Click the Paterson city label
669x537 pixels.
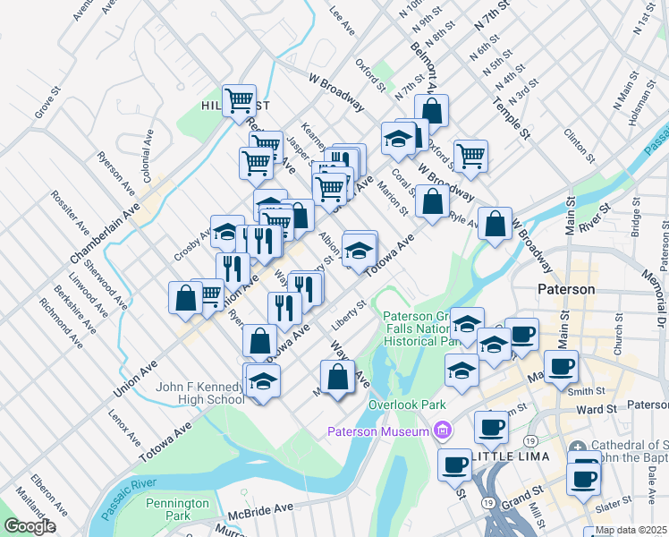pyautogui.click(x=566, y=290)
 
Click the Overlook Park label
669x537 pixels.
pyautogui.click(x=407, y=405)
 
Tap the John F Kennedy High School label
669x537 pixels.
pyautogui.click(x=199, y=393)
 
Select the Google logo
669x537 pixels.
pyautogui.click(x=30, y=526)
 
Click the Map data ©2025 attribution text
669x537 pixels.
pyautogui.click(x=631, y=530)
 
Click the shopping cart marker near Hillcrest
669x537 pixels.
pyautogui.click(x=239, y=100)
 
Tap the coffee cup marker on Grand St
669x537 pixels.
pyautogui.click(x=455, y=465)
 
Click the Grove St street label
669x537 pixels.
pyautogui.click(x=45, y=102)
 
